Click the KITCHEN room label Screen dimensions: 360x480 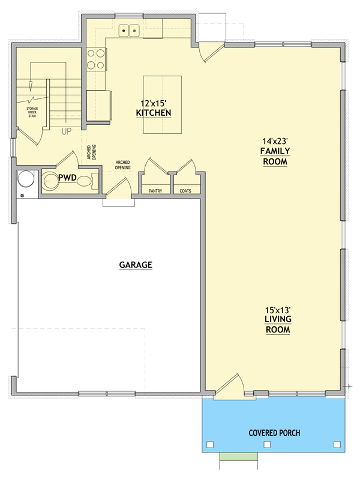(154, 113)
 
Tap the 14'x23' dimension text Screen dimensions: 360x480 (275, 141)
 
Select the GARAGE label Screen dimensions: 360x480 (136, 265)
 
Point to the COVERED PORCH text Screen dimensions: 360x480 (274, 433)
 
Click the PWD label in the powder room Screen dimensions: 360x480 (67, 178)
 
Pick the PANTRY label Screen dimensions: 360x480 (155, 191)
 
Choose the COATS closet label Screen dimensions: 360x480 (185, 191)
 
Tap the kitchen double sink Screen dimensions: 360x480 (129, 31)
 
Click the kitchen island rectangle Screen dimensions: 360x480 (162, 104)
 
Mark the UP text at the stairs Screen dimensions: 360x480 (67, 131)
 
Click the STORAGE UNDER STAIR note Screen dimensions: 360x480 (32, 112)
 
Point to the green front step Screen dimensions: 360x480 (238, 457)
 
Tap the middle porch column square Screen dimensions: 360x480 (267, 444)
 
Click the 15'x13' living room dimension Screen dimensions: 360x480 (278, 310)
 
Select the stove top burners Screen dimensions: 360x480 (96, 59)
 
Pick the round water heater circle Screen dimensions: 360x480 (25, 179)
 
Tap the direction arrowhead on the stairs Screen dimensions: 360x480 (31, 86)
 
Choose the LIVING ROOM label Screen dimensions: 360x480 (278, 324)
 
